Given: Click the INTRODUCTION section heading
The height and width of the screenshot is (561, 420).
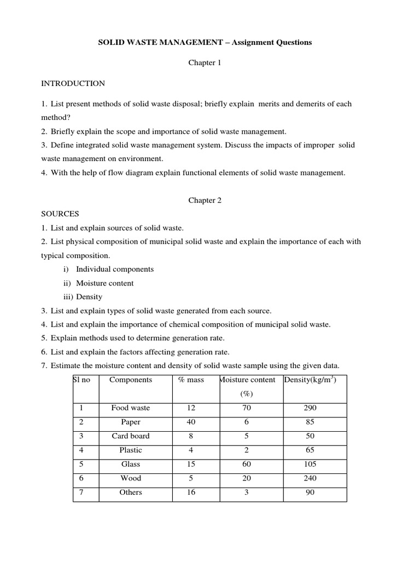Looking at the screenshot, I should [73, 84].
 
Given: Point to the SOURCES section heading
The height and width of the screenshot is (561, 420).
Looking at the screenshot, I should [60, 214].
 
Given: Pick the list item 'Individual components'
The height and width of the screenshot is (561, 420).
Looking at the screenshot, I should [115, 269].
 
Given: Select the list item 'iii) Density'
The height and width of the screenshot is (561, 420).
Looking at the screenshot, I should [83, 297].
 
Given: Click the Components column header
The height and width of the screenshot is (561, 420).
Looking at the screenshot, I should [131, 380].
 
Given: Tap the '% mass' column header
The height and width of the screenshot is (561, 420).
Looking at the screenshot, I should [191, 380].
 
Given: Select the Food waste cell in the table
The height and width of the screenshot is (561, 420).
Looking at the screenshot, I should [131, 408].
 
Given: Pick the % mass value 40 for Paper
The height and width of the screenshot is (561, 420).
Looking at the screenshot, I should [191, 422].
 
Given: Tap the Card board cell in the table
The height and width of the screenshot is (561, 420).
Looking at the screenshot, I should [131, 436].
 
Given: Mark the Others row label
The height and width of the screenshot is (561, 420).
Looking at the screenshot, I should [131, 492].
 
